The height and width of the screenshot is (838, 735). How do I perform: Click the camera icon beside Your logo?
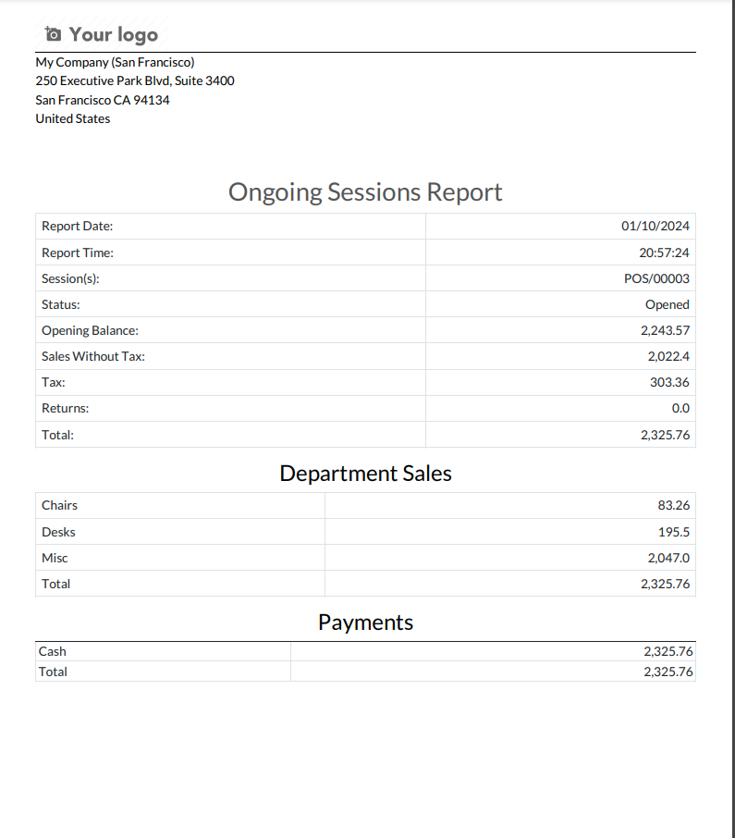(x=54, y=34)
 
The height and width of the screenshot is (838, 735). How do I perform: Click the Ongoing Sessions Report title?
(x=365, y=192)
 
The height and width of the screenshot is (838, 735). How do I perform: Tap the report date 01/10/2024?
(x=655, y=227)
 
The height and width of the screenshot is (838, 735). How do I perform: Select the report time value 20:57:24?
(x=664, y=253)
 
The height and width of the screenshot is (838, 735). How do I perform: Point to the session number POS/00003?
(x=656, y=278)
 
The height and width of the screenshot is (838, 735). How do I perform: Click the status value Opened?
(x=667, y=304)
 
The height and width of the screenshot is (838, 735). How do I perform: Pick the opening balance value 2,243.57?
(x=665, y=330)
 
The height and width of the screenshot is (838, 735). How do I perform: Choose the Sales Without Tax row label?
(x=93, y=356)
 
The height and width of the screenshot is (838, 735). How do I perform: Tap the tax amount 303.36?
(x=669, y=382)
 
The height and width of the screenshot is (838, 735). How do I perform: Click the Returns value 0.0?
(x=680, y=408)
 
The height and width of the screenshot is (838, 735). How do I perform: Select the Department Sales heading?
(x=365, y=474)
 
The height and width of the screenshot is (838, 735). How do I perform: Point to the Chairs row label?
(x=59, y=505)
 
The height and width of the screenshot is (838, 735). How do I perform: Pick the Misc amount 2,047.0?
(x=668, y=558)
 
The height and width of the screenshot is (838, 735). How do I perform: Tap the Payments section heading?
(x=365, y=622)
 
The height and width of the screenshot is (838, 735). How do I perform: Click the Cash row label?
(x=52, y=651)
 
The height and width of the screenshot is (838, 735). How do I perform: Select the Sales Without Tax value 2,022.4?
(x=668, y=356)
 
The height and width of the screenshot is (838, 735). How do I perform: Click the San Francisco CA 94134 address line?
(x=103, y=100)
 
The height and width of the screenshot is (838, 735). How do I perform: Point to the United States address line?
(x=73, y=118)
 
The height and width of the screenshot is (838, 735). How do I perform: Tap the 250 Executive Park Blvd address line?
(x=135, y=80)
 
